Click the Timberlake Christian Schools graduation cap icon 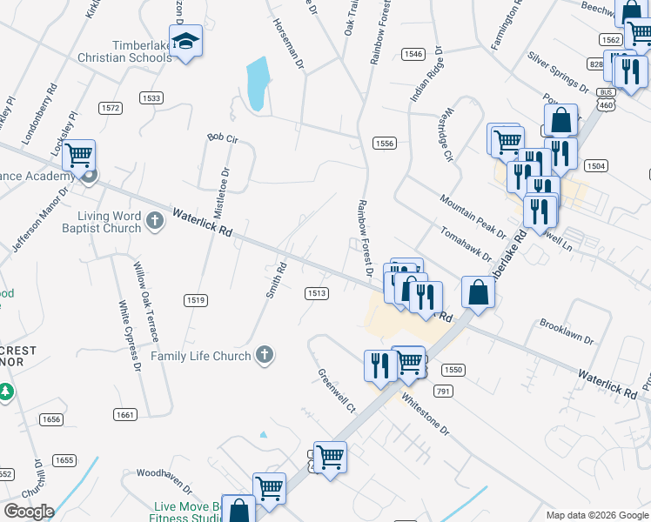185,41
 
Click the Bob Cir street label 222,137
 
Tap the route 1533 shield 151,98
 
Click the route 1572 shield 110,108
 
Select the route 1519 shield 195,300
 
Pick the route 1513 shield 316,293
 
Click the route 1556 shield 384,143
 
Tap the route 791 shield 444,391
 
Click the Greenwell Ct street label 337,391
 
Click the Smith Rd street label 276,280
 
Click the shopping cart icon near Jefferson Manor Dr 78,157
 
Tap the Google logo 29,512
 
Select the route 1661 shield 124,415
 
